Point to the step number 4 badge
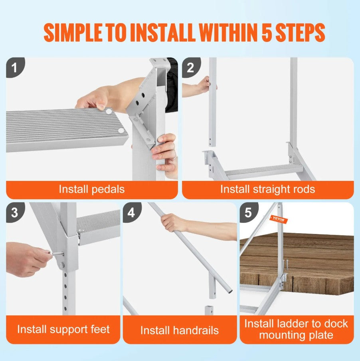pos(131,212)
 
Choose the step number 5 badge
pos(248,212)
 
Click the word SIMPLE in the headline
pos(74,33)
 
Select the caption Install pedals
pos(91,189)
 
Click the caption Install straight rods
pos(267,189)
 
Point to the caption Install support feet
pos(63,329)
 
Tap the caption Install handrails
pos(179,330)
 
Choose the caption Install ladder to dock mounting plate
pos(296,329)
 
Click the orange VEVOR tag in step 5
pos(279,219)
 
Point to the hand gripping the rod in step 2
pos(204,85)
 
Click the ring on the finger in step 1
pos(175,157)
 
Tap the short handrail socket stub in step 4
pos(209,310)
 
